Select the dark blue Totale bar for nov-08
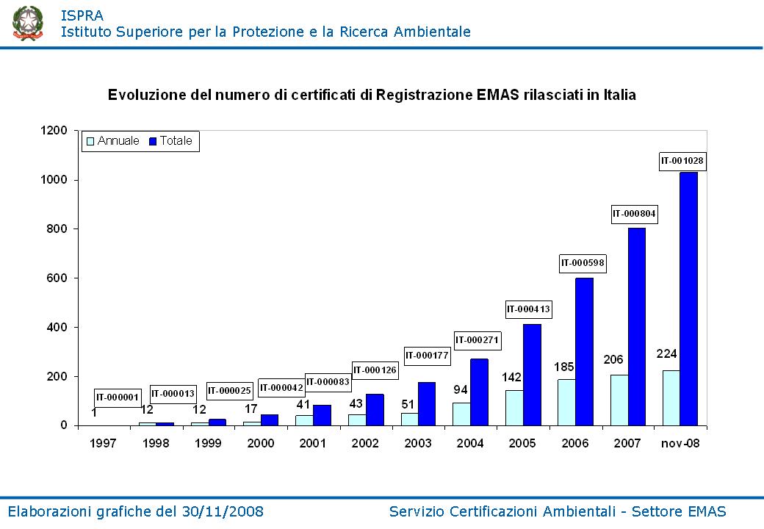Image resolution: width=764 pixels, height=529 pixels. tap(688, 298)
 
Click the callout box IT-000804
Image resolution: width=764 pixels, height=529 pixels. tap(635, 215)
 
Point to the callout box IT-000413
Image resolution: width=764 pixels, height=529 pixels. tap(528, 310)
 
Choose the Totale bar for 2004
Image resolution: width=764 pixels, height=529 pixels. tap(479, 392)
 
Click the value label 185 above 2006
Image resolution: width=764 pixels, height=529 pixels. tap(563, 366)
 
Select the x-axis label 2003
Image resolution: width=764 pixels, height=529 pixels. tap(417, 444)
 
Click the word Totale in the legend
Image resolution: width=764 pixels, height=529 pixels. tap(176, 141)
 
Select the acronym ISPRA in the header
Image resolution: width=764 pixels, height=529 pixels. tap(82, 15)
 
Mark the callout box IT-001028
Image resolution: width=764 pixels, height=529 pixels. tap(682, 160)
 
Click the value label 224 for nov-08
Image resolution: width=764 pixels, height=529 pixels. tap(666, 354)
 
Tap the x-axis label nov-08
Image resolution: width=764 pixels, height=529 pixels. tap(681, 444)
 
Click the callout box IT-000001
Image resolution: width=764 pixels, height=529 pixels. tap(117, 397)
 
